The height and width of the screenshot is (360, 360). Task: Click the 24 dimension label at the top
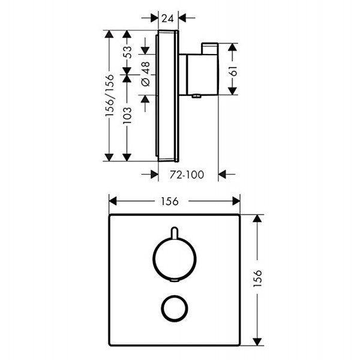[167, 18]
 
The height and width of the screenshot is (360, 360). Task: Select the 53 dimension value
[128, 52]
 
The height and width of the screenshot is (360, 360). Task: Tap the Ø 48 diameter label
[146, 74]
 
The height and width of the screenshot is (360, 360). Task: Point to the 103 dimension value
[127, 115]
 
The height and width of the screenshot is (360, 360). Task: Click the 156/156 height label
[110, 95]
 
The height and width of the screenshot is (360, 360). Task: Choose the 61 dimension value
[233, 71]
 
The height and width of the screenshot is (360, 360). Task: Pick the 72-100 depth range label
[187, 175]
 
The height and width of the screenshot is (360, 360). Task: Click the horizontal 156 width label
[170, 202]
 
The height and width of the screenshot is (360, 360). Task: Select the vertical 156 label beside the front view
[257, 278]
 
